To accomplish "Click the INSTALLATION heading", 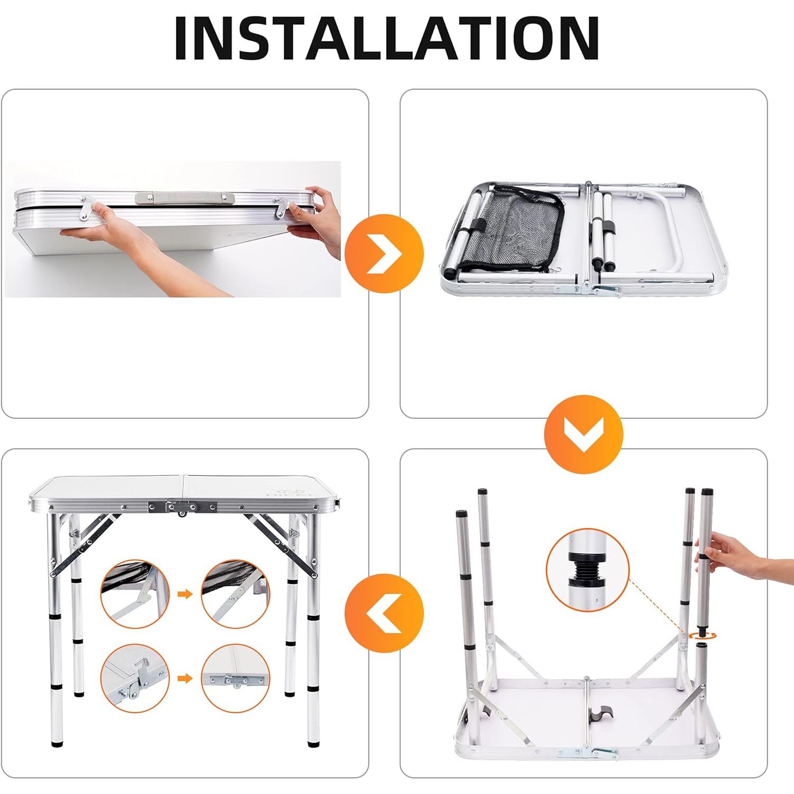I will coord(387,38).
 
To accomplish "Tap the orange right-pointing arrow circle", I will coord(384,254).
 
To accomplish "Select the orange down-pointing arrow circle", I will coord(583,434).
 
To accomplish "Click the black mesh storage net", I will coord(508,228).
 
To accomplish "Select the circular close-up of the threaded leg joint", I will coord(587,569).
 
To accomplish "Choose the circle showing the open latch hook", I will coord(135,678).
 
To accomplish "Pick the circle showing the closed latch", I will coord(236,678).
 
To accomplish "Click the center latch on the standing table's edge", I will coord(182,507).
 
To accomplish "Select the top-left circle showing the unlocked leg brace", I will coord(135,593).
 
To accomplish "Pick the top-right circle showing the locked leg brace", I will coord(236,593).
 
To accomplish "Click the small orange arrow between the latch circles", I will coord(185,679).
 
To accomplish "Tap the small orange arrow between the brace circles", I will coord(185,594).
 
